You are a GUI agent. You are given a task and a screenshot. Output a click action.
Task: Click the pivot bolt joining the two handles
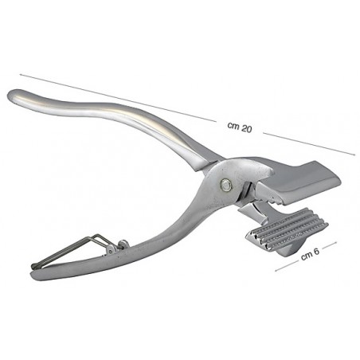coord(227,185)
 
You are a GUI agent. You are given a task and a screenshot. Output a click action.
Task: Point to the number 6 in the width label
coord(317,254)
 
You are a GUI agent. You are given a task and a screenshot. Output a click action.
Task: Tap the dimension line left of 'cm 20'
coord(119,99)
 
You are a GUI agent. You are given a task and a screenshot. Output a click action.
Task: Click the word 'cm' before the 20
coord(232,127)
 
